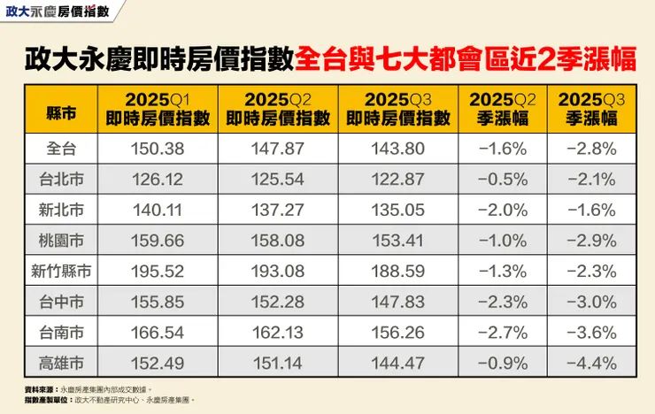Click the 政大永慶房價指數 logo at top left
58,11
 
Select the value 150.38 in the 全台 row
157,149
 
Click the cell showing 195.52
157,271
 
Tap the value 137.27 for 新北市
277,210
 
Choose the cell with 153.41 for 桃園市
397,241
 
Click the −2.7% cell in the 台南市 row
502,332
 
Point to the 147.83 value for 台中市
397,302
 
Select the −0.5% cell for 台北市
502,180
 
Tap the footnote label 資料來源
42,388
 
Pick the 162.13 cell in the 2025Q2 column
277,332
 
